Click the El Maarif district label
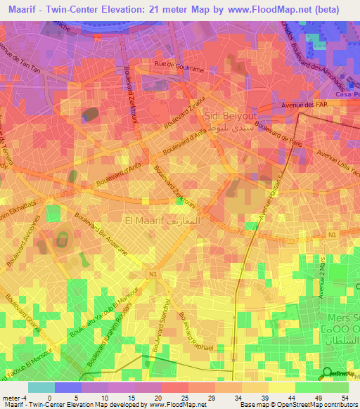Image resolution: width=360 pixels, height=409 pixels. [143, 220]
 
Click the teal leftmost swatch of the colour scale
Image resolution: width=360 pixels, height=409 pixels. [41, 387]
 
